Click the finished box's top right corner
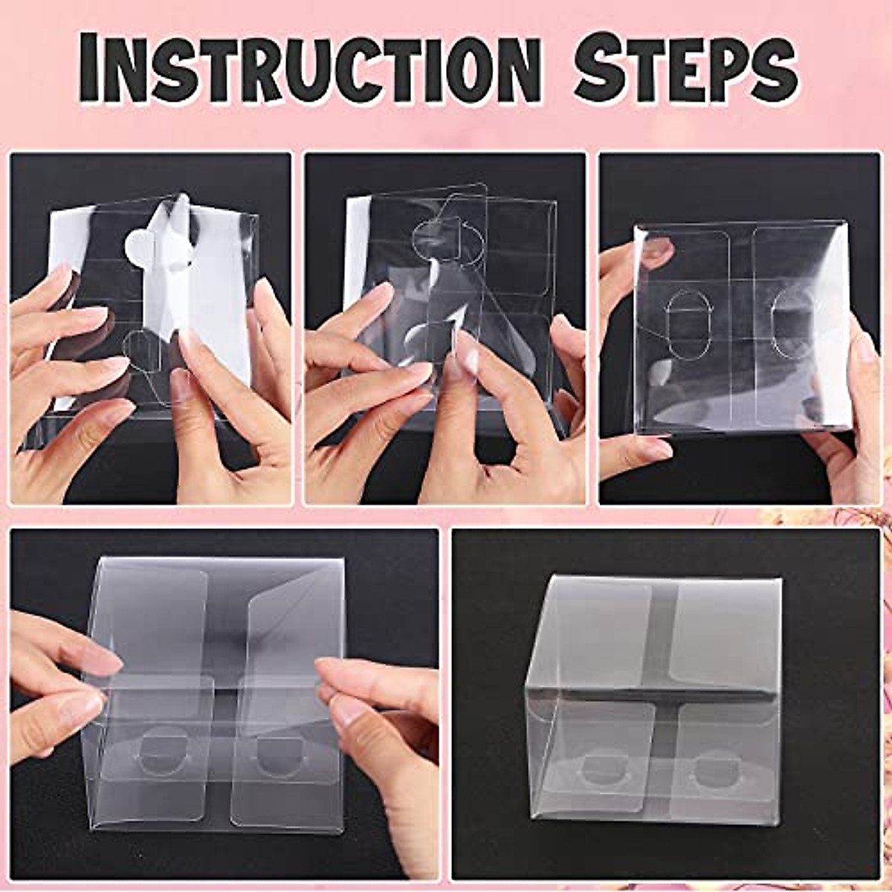coord(780,580)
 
